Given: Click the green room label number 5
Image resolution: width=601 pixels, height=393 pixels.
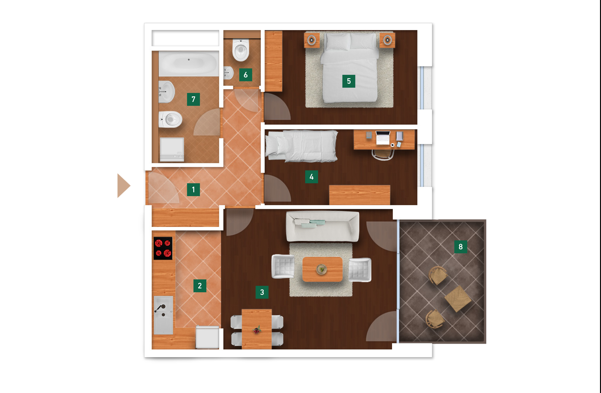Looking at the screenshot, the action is tap(348, 81).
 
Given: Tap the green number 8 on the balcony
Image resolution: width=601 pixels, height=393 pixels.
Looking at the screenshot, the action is tap(460, 247).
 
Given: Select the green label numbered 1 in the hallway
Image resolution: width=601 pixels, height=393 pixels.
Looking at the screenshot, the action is tap(193, 189).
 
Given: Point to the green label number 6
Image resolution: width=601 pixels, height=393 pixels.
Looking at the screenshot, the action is tap(245, 75).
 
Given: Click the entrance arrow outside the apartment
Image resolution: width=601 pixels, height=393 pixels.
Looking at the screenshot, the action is tap(123, 186).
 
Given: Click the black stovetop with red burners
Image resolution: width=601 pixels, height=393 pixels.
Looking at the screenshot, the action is tap(163, 248).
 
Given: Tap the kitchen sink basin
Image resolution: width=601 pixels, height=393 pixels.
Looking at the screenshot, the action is tap(163, 315).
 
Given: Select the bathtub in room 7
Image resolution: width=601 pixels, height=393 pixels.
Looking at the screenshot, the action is tap(189, 64).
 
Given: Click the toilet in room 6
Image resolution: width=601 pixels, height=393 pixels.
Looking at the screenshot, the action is tap(241, 50).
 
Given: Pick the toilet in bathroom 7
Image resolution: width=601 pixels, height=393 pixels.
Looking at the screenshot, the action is tap(170, 119).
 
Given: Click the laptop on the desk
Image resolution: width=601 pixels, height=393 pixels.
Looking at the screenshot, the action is tap(383, 138).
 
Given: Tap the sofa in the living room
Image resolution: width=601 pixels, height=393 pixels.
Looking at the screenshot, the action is tap(322, 226).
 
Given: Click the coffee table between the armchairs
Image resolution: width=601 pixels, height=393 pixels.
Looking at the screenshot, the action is tap(322, 269).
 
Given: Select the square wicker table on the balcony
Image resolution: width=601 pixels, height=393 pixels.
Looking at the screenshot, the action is tap(458, 299).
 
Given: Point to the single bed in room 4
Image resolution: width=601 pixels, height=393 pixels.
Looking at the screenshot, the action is tap(302, 146).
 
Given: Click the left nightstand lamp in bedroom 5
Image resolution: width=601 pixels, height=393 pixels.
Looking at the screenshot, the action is tap(312, 40).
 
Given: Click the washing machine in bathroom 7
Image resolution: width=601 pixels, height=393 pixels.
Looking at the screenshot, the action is tap(172, 150).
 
